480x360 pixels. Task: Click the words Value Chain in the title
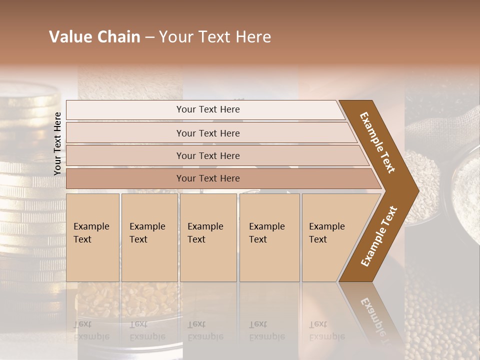pos(94,37)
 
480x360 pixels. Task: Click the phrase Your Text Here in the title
pos(215,37)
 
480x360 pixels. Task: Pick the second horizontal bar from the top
pos(208,133)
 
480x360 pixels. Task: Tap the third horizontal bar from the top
pos(208,155)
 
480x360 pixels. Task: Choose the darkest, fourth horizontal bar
pos(208,178)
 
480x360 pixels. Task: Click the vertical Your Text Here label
pos(57,143)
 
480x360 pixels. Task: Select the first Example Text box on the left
pos(92,237)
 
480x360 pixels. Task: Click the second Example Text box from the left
pos(149,237)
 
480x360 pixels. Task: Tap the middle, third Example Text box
pos(208,237)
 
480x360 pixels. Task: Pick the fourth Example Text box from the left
pos(269,237)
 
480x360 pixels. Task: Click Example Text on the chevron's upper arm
pos(377,142)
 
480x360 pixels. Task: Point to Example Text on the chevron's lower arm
pos(378,236)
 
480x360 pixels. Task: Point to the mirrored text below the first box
pos(91,330)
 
